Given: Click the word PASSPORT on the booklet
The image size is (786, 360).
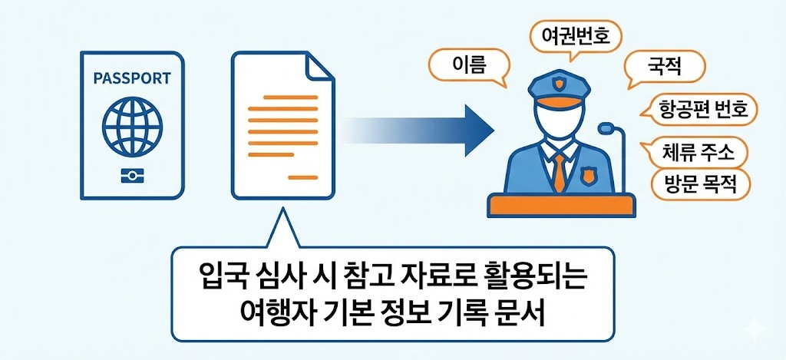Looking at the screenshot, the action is click(x=131, y=78).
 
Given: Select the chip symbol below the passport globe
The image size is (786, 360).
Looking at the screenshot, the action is click(x=131, y=177).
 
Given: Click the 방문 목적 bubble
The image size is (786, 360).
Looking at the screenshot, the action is click(x=698, y=185).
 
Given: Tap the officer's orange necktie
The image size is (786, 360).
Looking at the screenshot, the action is click(x=560, y=173).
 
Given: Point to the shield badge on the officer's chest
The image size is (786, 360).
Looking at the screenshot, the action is click(x=588, y=177).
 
